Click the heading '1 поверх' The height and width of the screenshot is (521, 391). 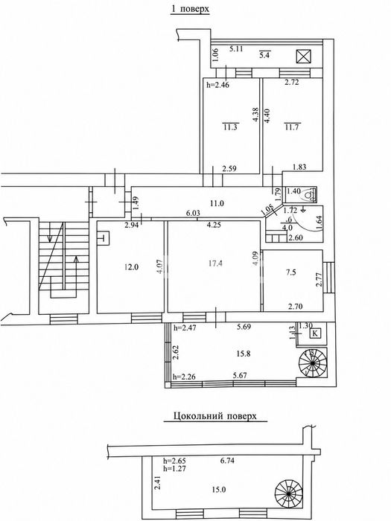190,9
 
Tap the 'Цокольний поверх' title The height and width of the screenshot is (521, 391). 215,416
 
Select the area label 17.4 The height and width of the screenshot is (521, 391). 215,263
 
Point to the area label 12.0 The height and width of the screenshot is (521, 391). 131,266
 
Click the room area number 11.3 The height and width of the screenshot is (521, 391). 230,127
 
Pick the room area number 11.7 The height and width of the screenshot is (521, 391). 292,127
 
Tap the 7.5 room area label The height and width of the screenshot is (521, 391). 291,272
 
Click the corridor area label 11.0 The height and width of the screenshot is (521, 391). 217,203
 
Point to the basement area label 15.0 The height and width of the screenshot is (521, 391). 219,489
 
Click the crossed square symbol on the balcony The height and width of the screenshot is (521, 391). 303,56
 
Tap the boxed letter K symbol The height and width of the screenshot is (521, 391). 315,333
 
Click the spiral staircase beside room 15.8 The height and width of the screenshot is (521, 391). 313,363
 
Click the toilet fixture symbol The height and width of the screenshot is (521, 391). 310,195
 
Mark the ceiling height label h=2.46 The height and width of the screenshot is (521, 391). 218,85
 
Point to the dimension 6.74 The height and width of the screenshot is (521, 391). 228,461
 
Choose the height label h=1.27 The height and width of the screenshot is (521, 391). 174,468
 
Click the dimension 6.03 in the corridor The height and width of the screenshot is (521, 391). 193,213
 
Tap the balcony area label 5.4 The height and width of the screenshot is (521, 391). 264,55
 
